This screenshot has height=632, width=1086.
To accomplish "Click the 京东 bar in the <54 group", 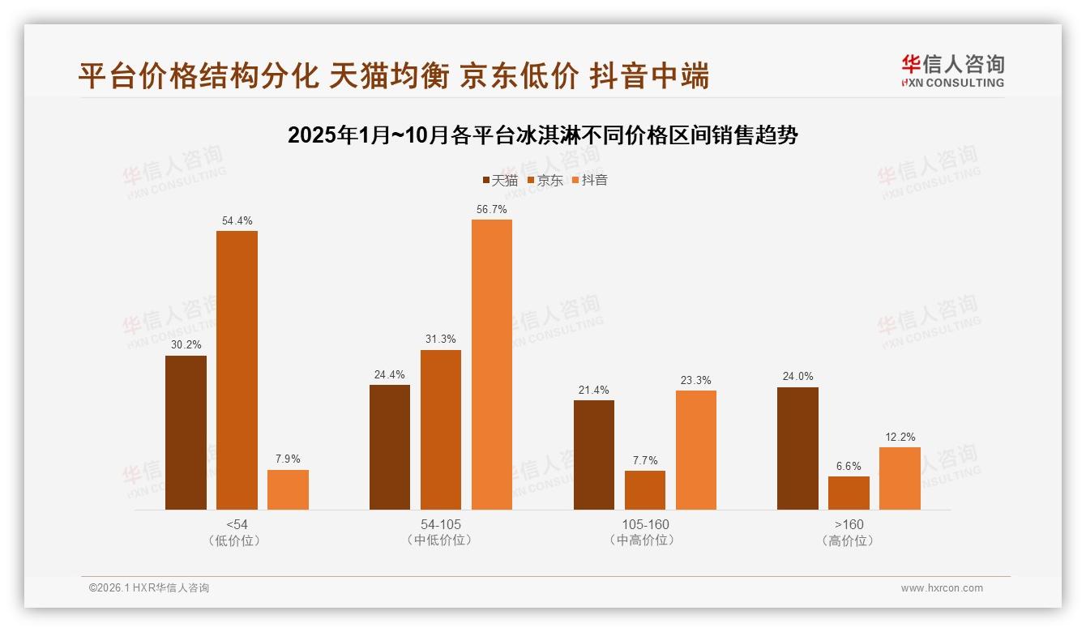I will pos(237,370).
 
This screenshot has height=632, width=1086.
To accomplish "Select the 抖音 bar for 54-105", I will pos(492,365).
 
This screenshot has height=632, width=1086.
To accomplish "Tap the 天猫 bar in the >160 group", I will pos(797,448).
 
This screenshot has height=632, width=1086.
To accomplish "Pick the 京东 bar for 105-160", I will pos(645,490).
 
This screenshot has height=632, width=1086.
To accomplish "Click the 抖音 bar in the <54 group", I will pos(288,489).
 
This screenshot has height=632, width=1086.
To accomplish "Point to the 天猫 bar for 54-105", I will pos(390,447).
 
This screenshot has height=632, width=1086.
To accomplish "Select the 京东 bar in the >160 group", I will pos(849,493).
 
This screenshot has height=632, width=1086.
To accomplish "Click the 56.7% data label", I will pos(492,209).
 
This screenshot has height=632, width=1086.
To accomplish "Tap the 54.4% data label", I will pos(237,220).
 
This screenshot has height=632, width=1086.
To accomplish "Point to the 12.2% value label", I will pos(900,437).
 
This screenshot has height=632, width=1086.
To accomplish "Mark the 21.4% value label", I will pos(594,390).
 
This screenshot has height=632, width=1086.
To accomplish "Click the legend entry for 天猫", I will pos(500,180).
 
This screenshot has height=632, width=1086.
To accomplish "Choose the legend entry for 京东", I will pos(545,180).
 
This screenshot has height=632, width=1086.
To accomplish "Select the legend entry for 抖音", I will pos(590,180).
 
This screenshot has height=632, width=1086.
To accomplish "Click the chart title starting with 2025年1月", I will pos(543,135).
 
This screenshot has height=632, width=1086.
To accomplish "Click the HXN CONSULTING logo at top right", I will pos(952,70).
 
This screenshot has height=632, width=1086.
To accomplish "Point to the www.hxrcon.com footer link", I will pos(942,588).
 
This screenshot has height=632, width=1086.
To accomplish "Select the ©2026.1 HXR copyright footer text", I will pos(149,588).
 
